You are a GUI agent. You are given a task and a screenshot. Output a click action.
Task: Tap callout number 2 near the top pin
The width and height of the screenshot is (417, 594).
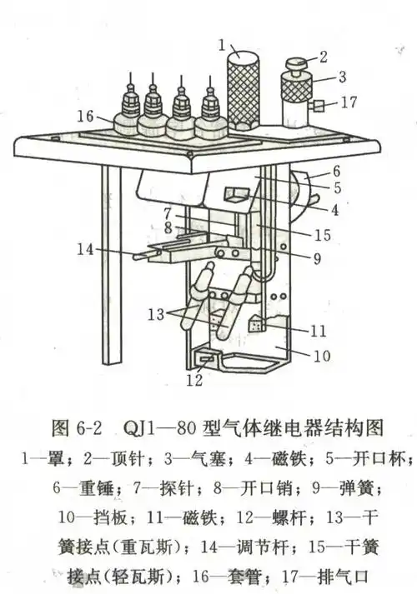click(324, 58)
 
